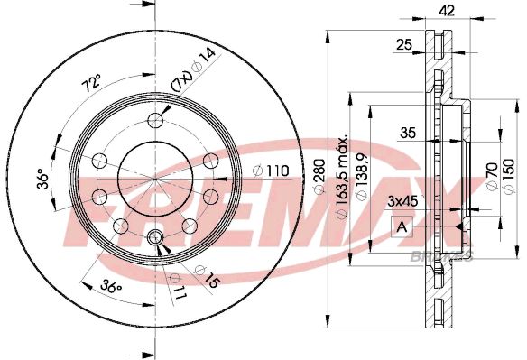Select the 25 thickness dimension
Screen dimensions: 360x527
[403, 44]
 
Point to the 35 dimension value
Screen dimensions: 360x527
[408, 134]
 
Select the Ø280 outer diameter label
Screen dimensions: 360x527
[318, 180]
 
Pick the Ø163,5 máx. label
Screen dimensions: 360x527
[343, 186]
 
